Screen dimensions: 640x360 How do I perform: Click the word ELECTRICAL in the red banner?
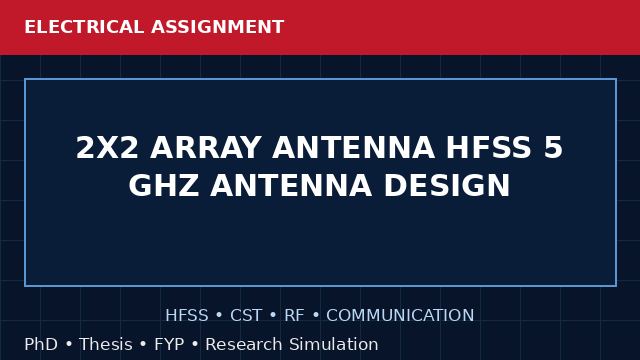coord(84,27)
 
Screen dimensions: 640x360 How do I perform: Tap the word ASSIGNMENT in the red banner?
coord(218,27)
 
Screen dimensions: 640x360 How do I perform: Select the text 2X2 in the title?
coord(107,147)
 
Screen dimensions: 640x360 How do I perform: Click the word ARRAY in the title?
coord(206,147)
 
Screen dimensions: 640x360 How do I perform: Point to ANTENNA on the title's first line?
coord(353,147)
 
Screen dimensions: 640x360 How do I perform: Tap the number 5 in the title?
coord(553,147)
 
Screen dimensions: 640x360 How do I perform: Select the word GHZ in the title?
coord(164,185)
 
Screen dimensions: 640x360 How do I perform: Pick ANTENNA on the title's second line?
coord(291,185)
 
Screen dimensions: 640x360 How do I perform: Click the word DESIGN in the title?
coord(447,185)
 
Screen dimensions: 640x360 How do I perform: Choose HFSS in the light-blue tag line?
coord(187,316)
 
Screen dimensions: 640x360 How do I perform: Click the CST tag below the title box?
coord(246,316)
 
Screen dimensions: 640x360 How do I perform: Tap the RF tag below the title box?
coord(294,316)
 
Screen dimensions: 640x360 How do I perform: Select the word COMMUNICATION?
coord(400,316)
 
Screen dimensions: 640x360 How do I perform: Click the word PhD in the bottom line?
coord(41,344)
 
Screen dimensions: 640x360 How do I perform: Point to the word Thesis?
coord(106,344)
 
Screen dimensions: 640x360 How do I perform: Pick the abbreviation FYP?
coord(169,344)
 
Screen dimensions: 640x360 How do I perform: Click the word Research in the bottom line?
coord(244,344)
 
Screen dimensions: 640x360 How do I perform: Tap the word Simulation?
coord(334,344)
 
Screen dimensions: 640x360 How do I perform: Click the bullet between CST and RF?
coord(273,316)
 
